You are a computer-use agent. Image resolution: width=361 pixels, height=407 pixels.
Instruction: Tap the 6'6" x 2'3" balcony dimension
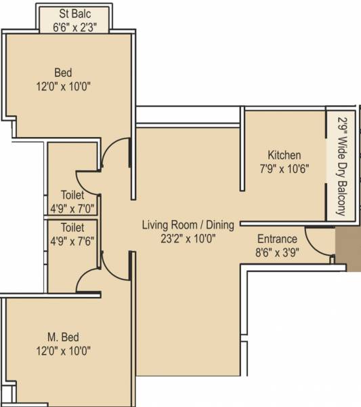pyautogui.click(x=75, y=27)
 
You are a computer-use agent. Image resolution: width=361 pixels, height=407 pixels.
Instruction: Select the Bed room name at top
pyautogui.click(x=63, y=73)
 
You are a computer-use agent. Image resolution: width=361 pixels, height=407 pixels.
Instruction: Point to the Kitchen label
pyautogui.click(x=284, y=155)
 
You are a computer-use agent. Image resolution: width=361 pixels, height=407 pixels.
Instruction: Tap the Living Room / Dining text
pyautogui.click(x=188, y=225)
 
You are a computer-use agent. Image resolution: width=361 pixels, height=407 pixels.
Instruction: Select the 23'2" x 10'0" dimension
pyautogui.click(x=188, y=238)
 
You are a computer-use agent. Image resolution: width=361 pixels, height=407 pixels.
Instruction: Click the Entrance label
pyautogui.click(x=277, y=239)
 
